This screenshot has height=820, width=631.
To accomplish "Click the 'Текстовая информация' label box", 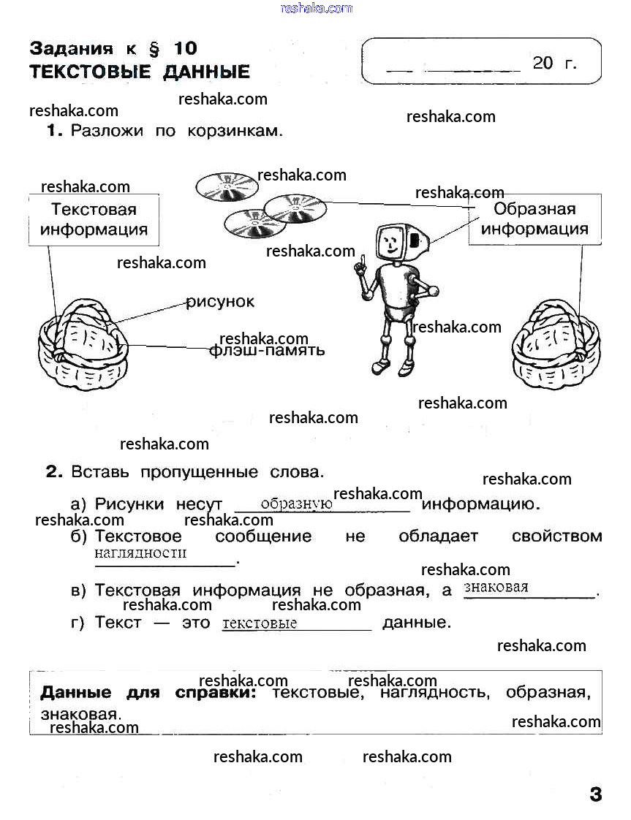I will (x=94, y=219).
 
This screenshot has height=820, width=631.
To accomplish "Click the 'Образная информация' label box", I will (x=534, y=219).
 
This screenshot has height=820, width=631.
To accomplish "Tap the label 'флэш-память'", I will (x=266, y=350).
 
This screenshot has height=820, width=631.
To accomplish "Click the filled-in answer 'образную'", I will (x=296, y=504).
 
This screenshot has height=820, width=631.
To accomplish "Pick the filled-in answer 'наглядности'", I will (x=140, y=553).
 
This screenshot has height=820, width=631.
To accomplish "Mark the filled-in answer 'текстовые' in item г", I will (x=260, y=623).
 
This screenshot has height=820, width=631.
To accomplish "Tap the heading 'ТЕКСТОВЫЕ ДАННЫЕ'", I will (x=140, y=72).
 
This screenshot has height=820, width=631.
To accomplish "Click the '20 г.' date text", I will (x=554, y=64).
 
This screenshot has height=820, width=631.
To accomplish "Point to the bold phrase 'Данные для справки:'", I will (x=148, y=692).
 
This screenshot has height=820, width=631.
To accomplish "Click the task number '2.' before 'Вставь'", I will (x=55, y=472).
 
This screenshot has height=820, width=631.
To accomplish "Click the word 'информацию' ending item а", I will (x=480, y=504).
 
